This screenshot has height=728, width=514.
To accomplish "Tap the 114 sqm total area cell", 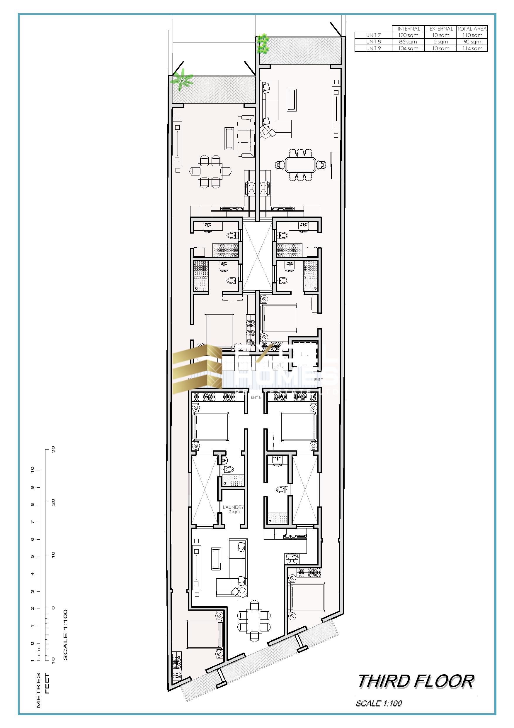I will [x=472, y=48].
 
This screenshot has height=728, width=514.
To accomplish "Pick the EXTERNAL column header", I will [x=440, y=28].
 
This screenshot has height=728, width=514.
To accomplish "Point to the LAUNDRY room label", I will [x=233, y=507].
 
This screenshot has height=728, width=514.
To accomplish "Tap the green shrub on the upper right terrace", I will [x=263, y=44].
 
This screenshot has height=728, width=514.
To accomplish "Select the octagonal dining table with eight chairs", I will [x=300, y=165].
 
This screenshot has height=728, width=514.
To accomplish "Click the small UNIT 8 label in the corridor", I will [x=255, y=398].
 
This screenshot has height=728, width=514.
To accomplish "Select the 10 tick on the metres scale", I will [x=32, y=471].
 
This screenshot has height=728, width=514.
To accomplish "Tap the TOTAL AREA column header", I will [x=472, y=28].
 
